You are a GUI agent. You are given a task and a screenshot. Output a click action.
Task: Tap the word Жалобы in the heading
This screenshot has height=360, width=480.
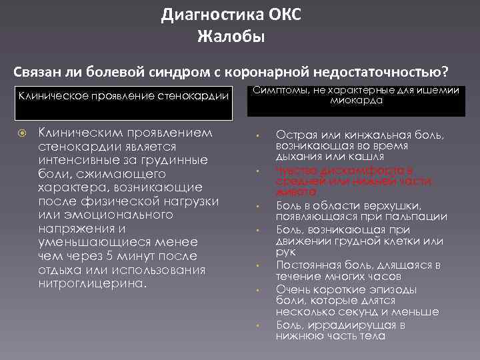tap(231, 36)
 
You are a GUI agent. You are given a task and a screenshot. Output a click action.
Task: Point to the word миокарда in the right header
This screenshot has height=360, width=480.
tap(355, 101)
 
